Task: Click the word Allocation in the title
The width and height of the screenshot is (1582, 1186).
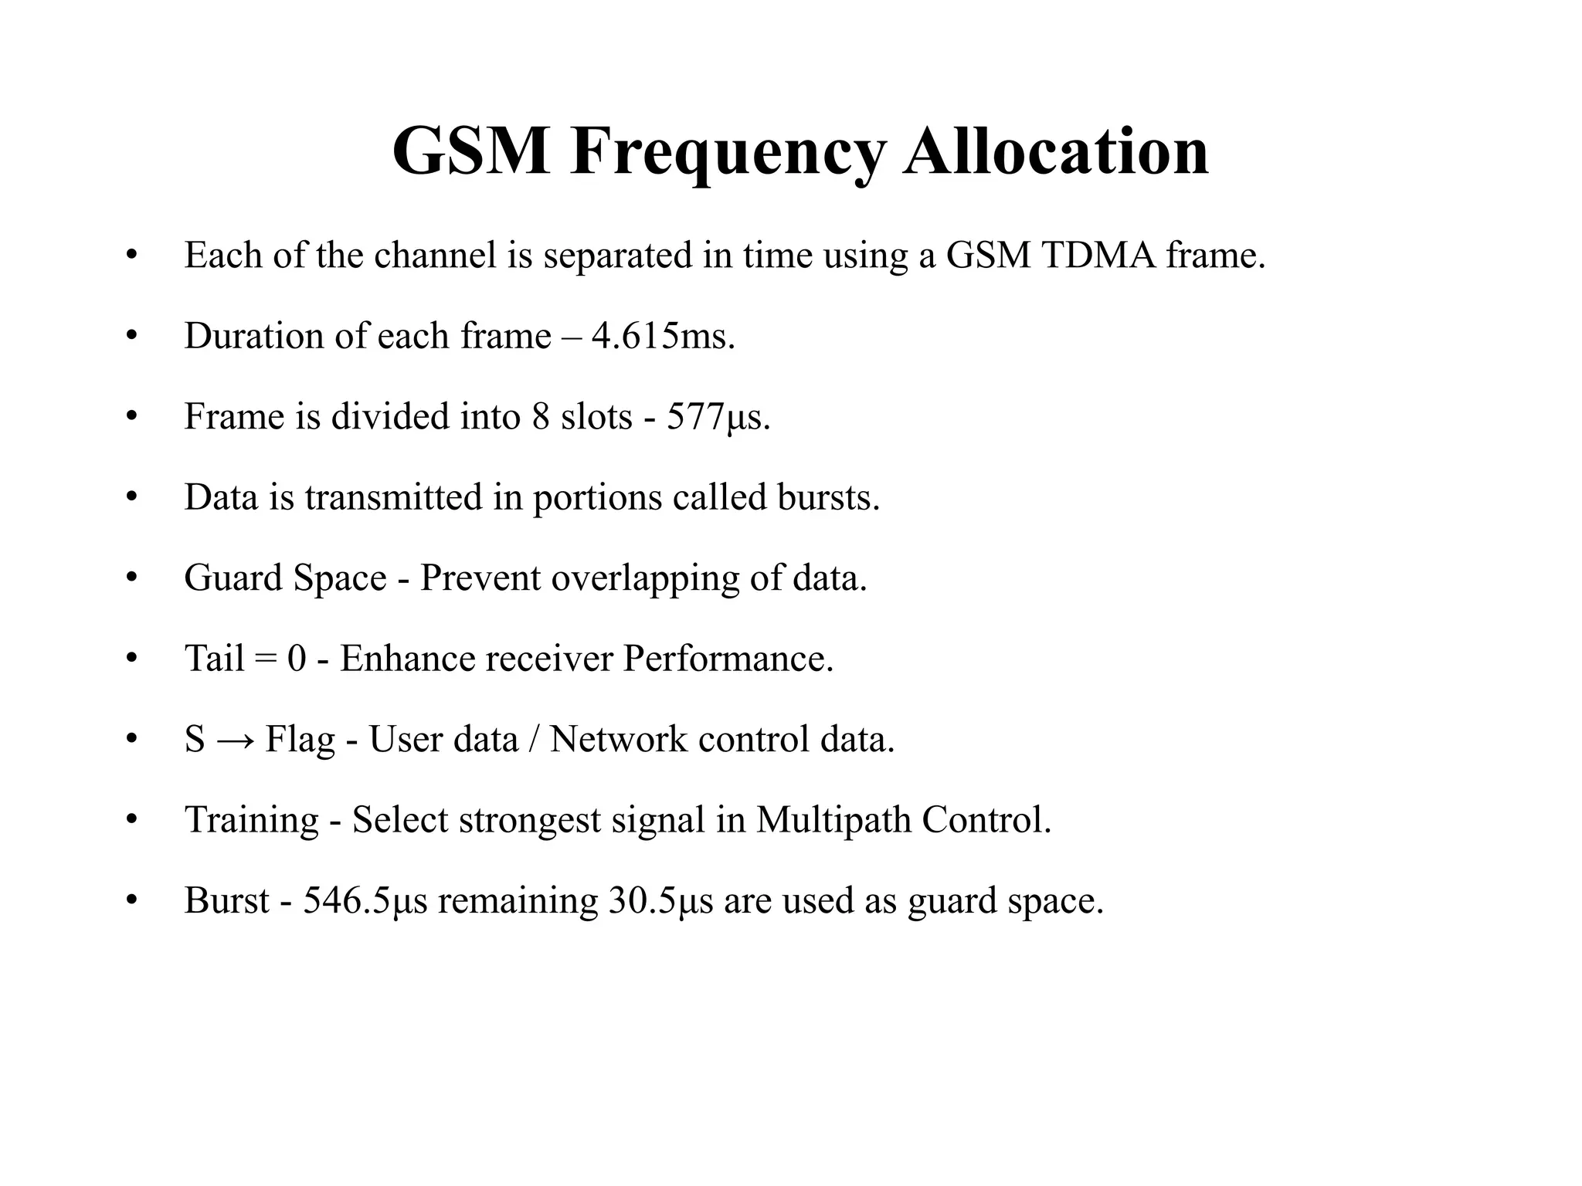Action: point(1056,151)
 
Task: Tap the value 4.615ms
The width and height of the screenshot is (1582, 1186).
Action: point(662,336)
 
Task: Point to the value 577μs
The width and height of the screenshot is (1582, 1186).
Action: point(718,417)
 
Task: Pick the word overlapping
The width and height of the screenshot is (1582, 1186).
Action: point(645,578)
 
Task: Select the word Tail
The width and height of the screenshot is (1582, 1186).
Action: point(214,659)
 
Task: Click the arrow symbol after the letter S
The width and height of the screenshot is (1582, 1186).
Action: point(235,740)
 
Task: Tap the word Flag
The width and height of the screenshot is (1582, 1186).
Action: point(300,740)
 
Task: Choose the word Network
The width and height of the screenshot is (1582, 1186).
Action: point(618,739)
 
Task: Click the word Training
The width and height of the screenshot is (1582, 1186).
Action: point(252,820)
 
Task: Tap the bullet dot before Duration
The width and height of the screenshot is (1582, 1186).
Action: point(131,337)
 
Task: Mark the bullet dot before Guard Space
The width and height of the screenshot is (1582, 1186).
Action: point(131,578)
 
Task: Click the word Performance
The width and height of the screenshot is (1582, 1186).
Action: point(728,659)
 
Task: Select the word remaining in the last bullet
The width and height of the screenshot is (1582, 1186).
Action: point(518,900)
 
